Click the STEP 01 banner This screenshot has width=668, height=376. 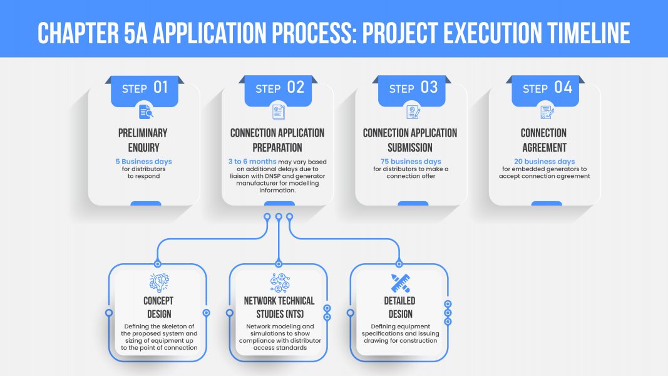pos(145,91)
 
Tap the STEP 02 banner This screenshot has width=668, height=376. pos(278,91)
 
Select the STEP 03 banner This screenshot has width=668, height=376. pos(411,91)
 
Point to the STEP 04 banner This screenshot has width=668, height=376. pos(545,91)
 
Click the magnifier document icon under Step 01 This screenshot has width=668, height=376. pos(146,112)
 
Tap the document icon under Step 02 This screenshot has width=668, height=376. pos(279,112)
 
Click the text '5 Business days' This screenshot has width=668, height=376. pos(143,162)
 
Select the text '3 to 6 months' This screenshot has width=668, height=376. pos(252,162)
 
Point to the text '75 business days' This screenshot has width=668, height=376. pos(411,162)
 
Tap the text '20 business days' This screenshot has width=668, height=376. pos(545,162)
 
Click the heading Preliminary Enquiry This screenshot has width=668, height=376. pos(143,140)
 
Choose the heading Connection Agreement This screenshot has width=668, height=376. pos(544,140)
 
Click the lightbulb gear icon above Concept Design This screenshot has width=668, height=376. pos(160,283)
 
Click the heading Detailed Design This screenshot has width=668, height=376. pos(400,307)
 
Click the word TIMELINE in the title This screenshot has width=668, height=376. pos(588,33)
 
